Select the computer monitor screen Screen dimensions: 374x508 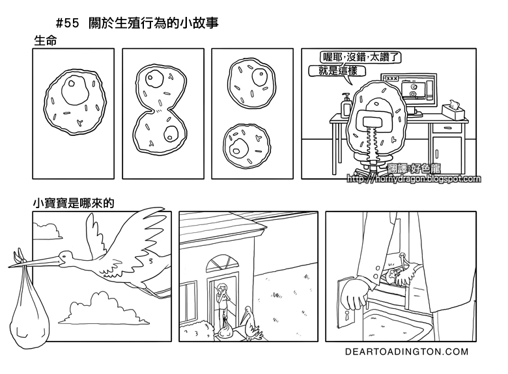coord(417,88)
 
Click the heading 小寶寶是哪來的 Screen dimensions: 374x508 coord(74,203)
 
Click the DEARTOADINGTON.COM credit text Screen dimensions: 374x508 coord(407,352)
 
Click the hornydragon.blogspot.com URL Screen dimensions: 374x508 coord(415,180)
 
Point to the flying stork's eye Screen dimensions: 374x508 coord(63,256)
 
